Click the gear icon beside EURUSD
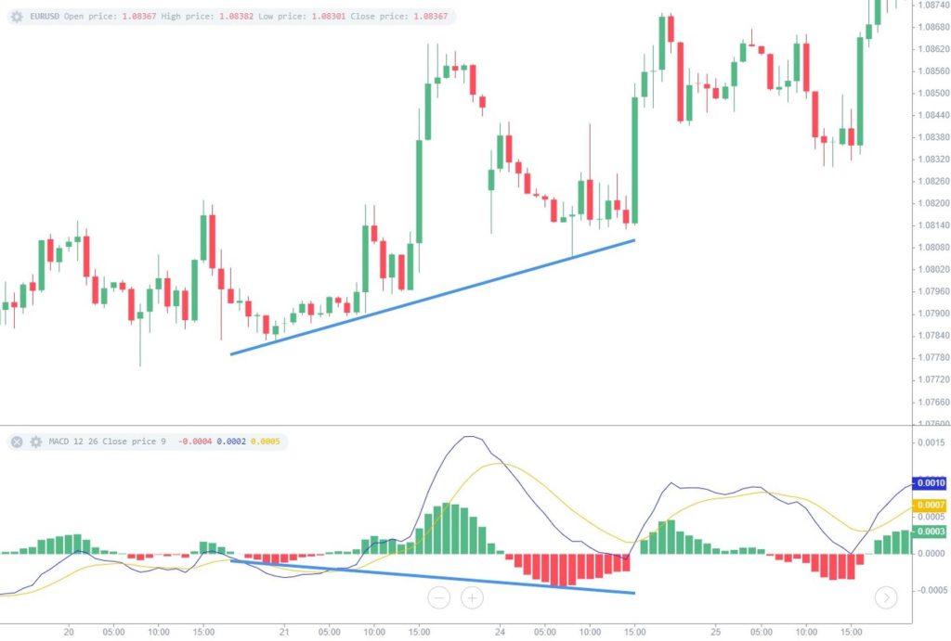click(17, 17)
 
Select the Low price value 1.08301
click(329, 17)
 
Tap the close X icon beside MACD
click(17, 442)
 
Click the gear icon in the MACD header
click(36, 442)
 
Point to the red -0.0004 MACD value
click(195, 442)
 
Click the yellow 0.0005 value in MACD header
click(266, 442)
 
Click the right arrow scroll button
click(886, 598)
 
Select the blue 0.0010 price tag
click(930, 483)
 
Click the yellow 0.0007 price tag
click(930, 505)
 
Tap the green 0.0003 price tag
click(930, 532)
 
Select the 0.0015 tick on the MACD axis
click(931, 442)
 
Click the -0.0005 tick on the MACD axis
click(930, 590)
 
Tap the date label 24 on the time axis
click(500, 632)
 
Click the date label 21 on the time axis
click(284, 632)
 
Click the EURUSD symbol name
click(45, 17)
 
